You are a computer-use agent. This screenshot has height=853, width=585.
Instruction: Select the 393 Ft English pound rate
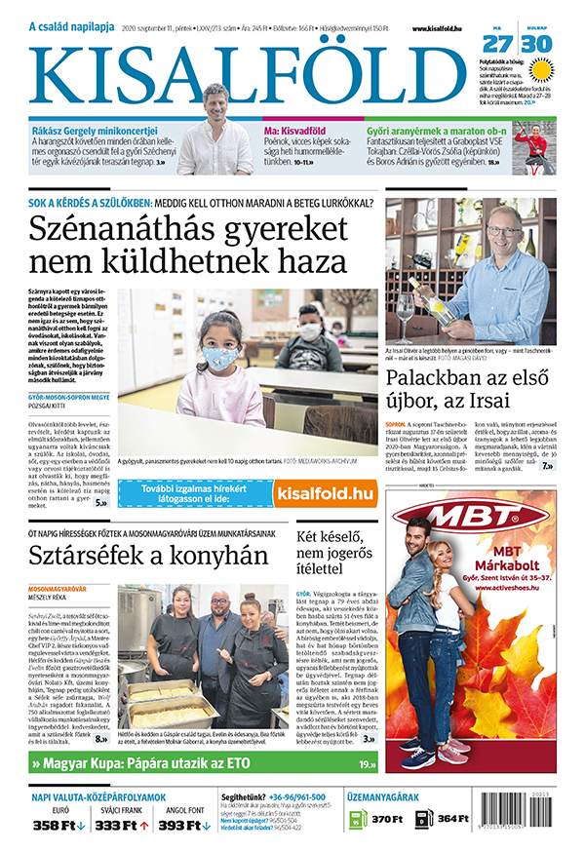pyautogui.click(x=181, y=826)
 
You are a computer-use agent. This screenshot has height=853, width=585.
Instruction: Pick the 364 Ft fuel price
pyautogui.click(x=453, y=820)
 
